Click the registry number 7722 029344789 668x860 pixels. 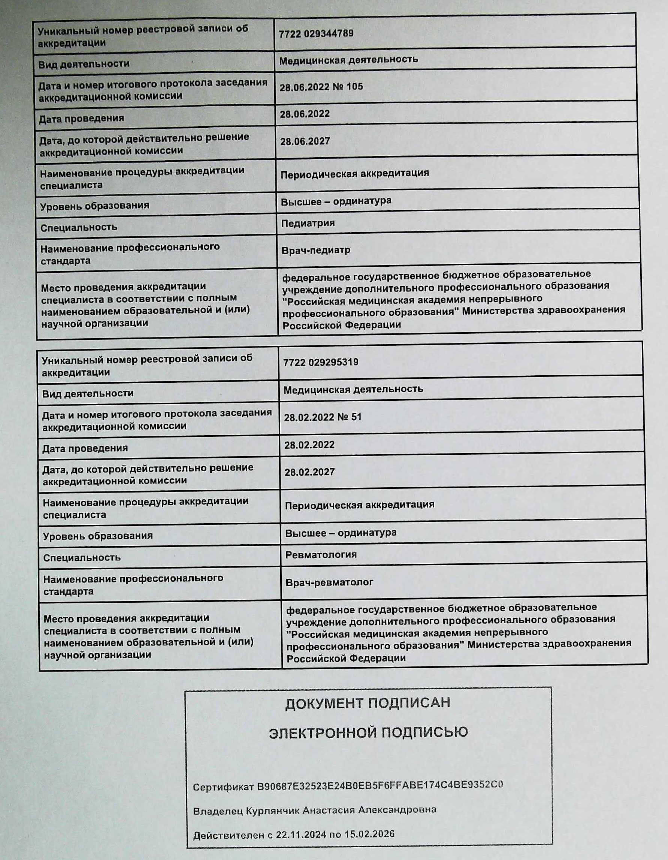tap(316, 33)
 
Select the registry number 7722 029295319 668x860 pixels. tap(321, 362)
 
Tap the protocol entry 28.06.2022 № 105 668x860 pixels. tap(321, 87)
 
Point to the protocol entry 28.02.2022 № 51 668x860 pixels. tap(323, 417)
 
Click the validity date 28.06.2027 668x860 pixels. tap(305, 141)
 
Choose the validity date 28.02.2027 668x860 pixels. tap(309, 472)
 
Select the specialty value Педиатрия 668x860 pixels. tap(308, 223)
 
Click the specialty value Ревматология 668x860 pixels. tap(321, 555)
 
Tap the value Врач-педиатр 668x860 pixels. tap(316, 250)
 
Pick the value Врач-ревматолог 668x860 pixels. tap(329, 582)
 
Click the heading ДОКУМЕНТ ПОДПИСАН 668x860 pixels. tap(368, 703)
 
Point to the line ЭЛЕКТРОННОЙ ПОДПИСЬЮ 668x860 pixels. tap(368, 733)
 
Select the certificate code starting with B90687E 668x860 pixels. tap(380, 784)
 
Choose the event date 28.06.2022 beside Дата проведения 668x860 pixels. tap(305, 114)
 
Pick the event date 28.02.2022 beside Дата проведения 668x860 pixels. tap(309, 445)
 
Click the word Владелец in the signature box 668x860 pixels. tap(218, 812)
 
